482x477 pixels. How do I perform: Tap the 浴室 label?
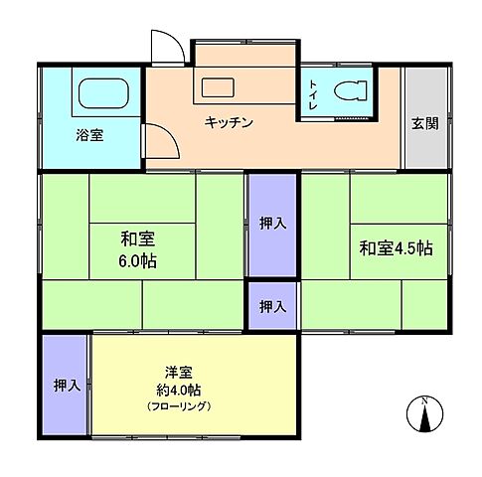[88, 135]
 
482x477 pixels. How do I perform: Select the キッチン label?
[230, 122]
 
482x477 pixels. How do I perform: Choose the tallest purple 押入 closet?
[272, 225]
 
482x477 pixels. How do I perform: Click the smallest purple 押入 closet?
[272, 306]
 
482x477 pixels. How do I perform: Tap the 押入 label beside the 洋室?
[66, 385]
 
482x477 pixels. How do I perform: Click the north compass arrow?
[424, 418]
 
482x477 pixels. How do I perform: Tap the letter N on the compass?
[424, 400]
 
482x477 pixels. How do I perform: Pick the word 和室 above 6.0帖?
[139, 238]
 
